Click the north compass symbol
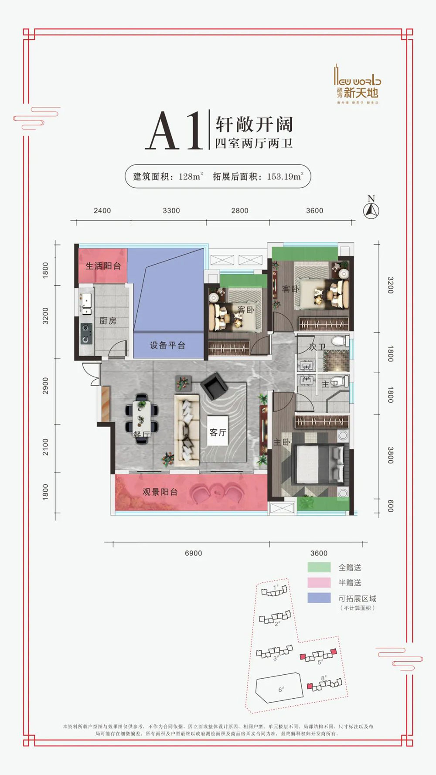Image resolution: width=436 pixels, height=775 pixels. pyautogui.click(x=371, y=211)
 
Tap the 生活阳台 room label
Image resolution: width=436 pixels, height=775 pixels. pyautogui.click(x=103, y=266)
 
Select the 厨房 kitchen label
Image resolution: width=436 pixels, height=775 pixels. pyautogui.click(x=108, y=321)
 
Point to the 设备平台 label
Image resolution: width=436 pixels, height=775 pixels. pyautogui.click(x=167, y=345)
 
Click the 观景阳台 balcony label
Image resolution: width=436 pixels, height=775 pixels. pyautogui.click(x=160, y=492)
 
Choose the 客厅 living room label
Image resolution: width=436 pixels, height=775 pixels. pyautogui.click(x=218, y=432)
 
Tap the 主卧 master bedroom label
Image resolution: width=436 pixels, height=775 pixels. pyautogui.click(x=282, y=442)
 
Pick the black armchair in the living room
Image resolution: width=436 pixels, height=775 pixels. pyautogui.click(x=214, y=385)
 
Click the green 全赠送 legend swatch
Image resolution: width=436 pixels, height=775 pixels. pyautogui.click(x=319, y=567)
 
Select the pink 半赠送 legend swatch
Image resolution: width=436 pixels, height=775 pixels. pyautogui.click(x=319, y=582)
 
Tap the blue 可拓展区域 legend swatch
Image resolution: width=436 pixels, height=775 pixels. pyautogui.click(x=319, y=598)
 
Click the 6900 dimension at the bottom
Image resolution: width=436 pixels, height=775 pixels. pyautogui.click(x=193, y=553)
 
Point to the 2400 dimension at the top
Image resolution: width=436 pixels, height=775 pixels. pyautogui.click(x=102, y=211)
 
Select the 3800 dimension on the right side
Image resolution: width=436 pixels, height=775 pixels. pyautogui.click(x=390, y=455)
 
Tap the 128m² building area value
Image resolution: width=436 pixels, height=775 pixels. pyautogui.click(x=191, y=177)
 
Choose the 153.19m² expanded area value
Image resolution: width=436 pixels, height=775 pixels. pyautogui.click(x=285, y=177)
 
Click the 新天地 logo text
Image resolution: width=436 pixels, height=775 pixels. pyautogui.click(x=361, y=92)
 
